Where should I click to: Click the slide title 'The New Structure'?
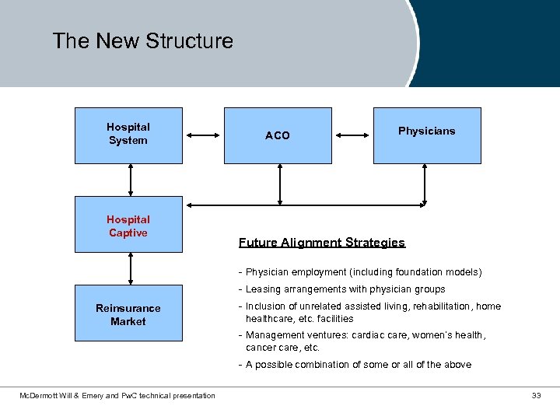point(142,40)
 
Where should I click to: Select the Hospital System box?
point(128,135)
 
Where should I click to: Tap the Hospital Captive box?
point(128,225)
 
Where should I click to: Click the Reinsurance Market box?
point(128,314)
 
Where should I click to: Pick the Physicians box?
point(427,135)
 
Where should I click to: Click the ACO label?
point(277,135)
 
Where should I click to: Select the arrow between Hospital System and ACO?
point(205,135)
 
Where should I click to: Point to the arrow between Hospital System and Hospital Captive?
point(131,180)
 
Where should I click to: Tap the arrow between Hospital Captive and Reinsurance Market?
point(131,268)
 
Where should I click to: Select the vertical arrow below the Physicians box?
point(425,184)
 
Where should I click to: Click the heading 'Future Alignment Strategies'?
point(321,243)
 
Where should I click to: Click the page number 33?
point(536,396)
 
